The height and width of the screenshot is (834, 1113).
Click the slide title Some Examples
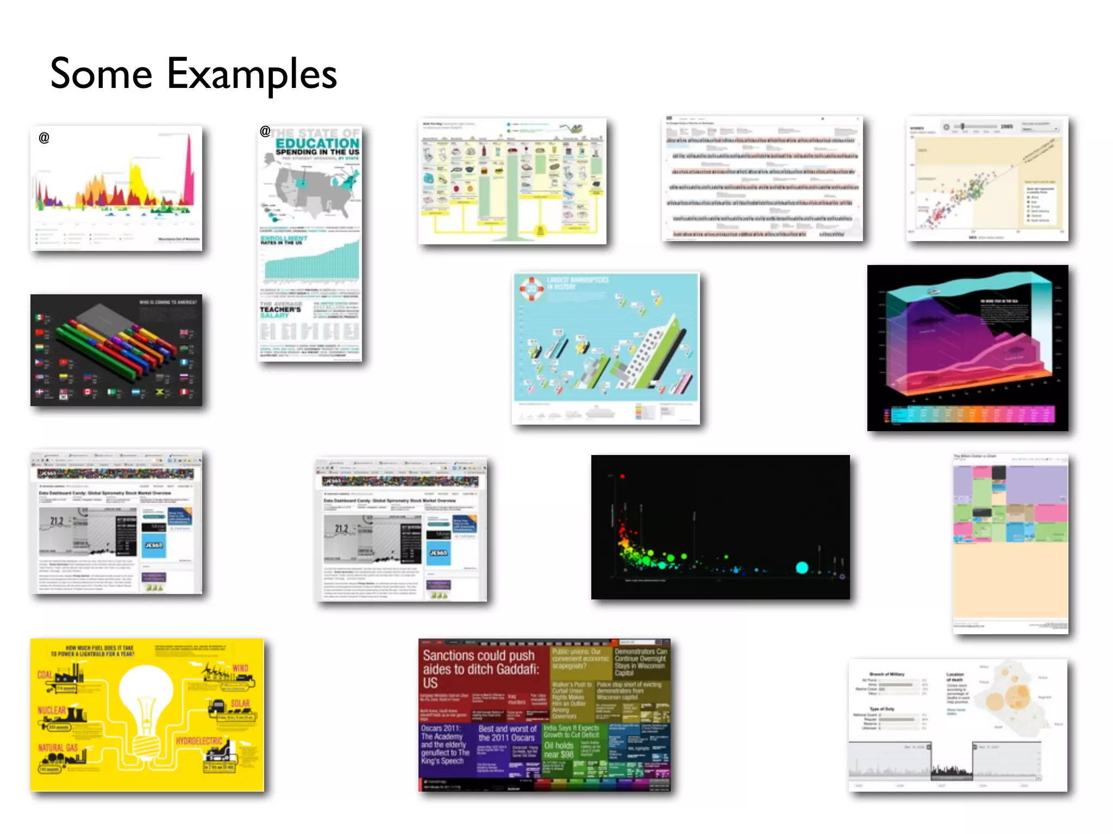pyautogui.click(x=193, y=75)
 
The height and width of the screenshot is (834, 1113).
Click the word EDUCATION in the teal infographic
pyautogui.click(x=317, y=143)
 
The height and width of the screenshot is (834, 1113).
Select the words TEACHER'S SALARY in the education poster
pyautogui.click(x=280, y=312)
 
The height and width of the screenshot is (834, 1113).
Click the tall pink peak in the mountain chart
pyautogui.click(x=189, y=174)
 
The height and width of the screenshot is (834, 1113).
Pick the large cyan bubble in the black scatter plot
pyautogui.click(x=802, y=568)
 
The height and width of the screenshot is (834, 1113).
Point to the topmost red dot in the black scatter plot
pyautogui.click(x=622, y=476)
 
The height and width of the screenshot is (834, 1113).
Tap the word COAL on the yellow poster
pyautogui.click(x=45, y=675)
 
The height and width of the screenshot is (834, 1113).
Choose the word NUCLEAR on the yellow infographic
pyautogui.click(x=52, y=710)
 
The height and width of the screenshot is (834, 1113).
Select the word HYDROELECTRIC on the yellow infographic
pyautogui.click(x=199, y=741)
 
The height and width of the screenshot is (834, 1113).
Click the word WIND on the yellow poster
pyautogui.click(x=240, y=668)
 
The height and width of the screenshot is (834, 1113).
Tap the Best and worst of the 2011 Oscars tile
pyautogui.click(x=507, y=734)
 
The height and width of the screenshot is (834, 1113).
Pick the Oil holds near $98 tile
pyautogui.click(x=559, y=750)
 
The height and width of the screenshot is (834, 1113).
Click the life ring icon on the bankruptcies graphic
pyautogui.click(x=531, y=289)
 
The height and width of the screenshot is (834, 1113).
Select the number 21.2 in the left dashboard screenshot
pyautogui.click(x=57, y=521)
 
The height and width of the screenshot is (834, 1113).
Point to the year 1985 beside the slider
pyautogui.click(x=1006, y=127)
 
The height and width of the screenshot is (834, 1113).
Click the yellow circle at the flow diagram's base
pyautogui.click(x=540, y=230)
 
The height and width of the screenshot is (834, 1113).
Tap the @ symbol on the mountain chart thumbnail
pyautogui.click(x=44, y=138)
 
